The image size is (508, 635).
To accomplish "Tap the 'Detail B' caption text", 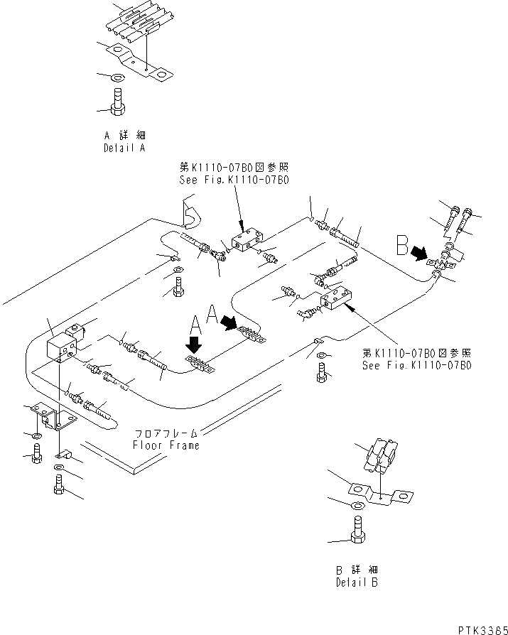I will (357, 582).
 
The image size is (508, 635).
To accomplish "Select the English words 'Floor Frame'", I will (166, 445).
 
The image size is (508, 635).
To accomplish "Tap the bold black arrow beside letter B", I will (420, 254).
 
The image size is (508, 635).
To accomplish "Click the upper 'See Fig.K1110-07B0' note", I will (234, 180).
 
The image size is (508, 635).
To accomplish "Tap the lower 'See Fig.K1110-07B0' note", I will (416, 367).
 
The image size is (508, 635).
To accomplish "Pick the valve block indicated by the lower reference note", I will (336, 298).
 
